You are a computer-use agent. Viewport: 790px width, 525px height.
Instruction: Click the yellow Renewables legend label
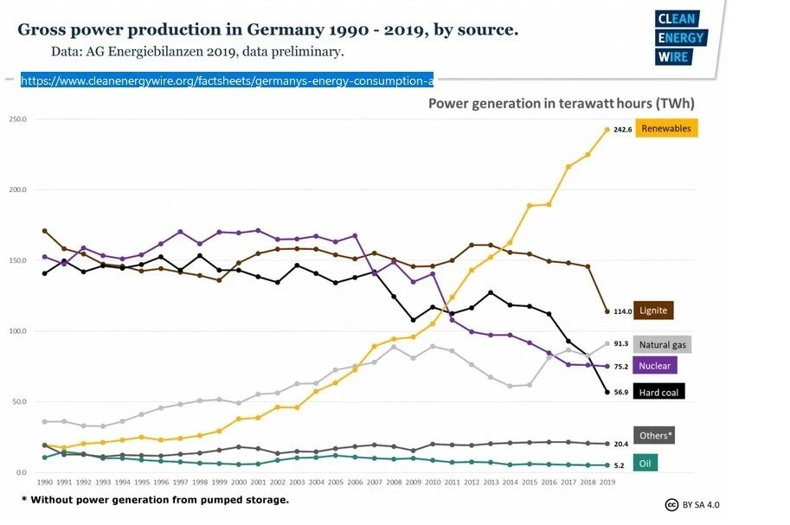click(x=666, y=128)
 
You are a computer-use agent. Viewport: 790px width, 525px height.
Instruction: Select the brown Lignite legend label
click(x=653, y=310)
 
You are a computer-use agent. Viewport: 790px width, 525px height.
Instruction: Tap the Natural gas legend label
click(x=662, y=344)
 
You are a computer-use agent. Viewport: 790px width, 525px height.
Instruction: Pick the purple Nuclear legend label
click(x=654, y=366)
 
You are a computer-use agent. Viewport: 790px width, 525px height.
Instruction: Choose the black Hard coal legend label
click(x=661, y=392)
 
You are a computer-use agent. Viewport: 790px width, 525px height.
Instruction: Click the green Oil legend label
click(x=645, y=464)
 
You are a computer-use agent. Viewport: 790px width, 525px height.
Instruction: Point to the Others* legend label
click(x=654, y=435)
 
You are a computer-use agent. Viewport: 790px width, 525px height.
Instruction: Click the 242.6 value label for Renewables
click(x=623, y=129)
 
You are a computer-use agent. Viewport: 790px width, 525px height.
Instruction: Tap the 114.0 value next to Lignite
click(x=623, y=311)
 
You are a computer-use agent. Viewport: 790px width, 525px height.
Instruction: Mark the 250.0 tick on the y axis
click(x=18, y=118)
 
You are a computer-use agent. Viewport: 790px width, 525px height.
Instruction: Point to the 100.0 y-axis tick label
click(x=18, y=331)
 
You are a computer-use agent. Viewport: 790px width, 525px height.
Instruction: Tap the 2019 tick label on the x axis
click(x=607, y=483)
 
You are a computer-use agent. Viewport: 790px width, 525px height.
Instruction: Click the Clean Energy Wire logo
click(x=680, y=39)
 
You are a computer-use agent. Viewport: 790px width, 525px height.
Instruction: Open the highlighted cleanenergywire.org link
click(x=227, y=80)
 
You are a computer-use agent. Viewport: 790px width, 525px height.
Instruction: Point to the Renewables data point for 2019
click(x=607, y=129)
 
